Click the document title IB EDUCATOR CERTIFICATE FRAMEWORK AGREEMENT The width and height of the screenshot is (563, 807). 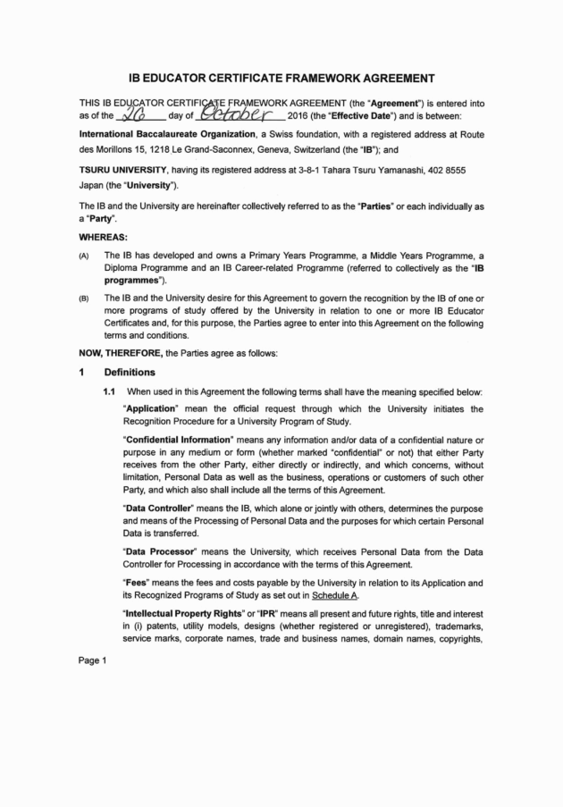coord(281,77)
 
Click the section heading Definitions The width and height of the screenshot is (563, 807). coord(130,372)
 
